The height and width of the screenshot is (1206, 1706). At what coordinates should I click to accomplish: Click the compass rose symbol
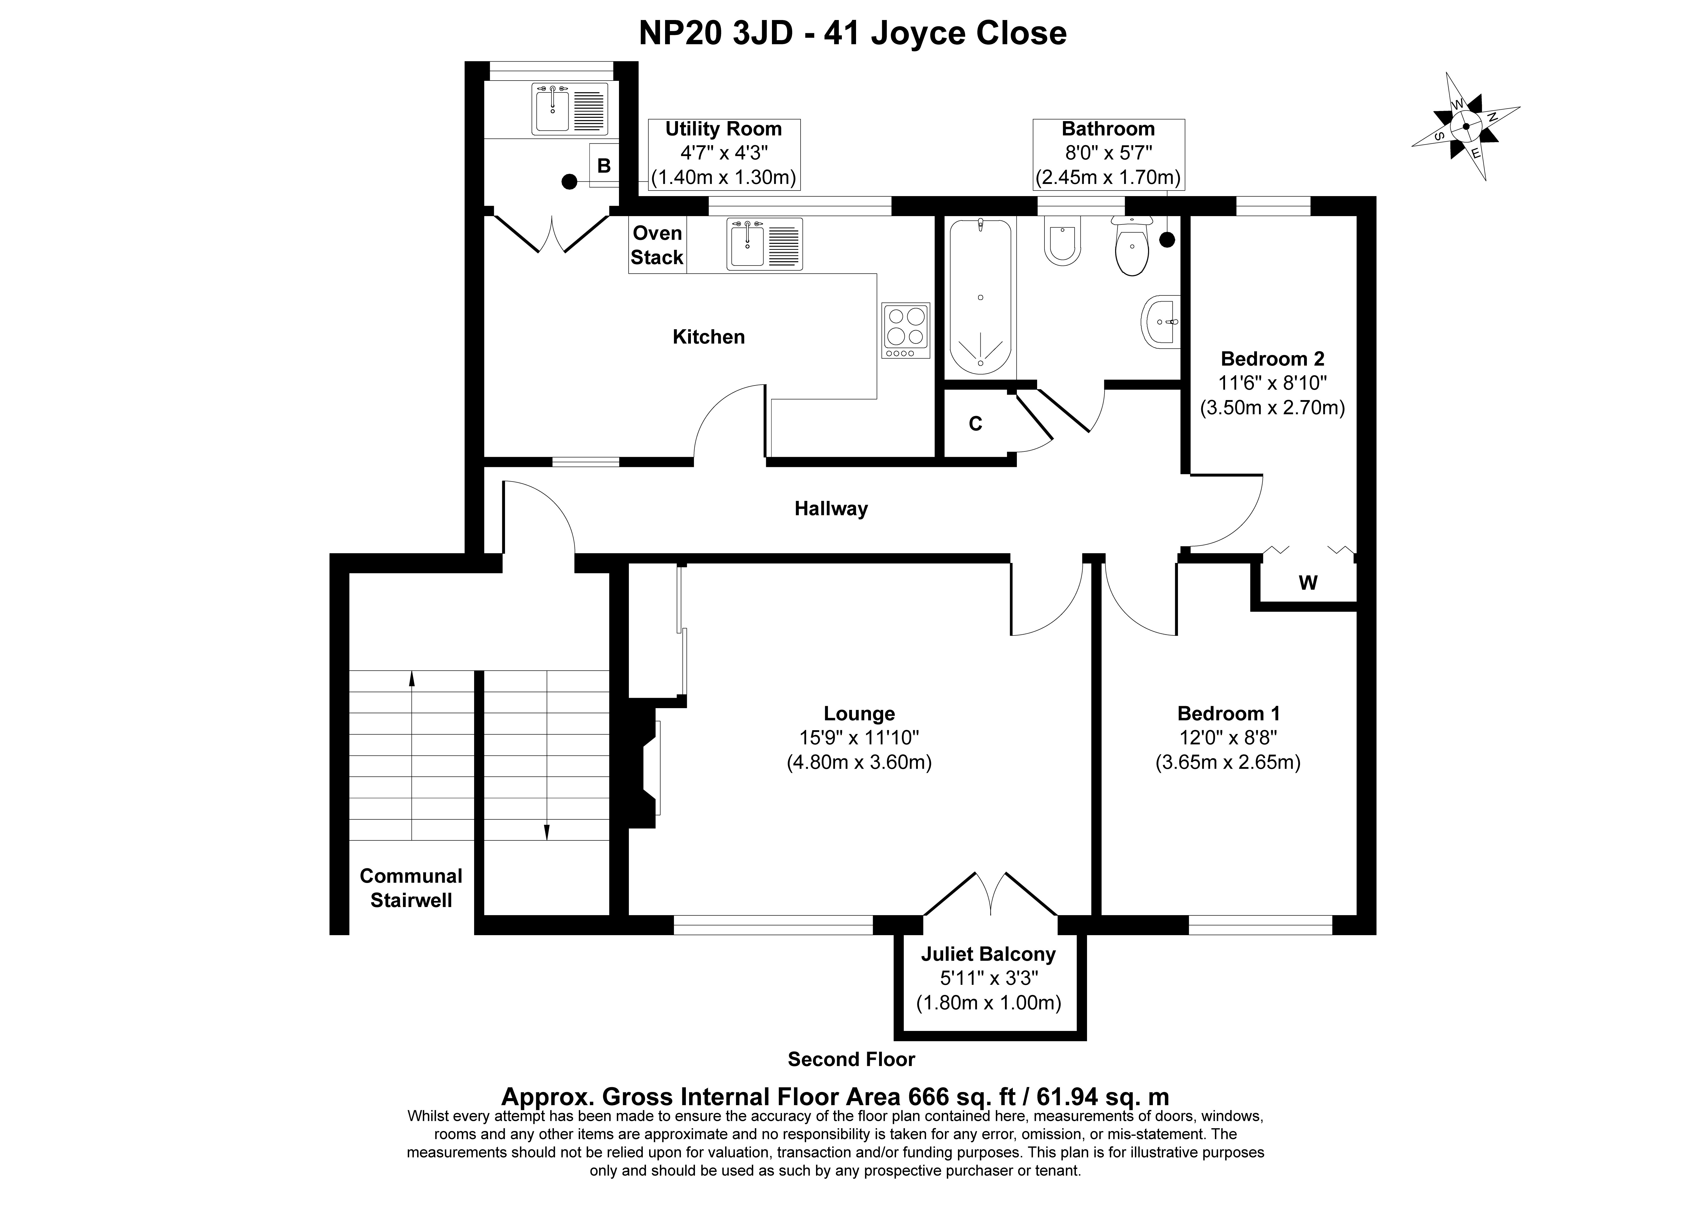(x=1465, y=126)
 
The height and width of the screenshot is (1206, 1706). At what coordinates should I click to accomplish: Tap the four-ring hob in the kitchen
(x=906, y=330)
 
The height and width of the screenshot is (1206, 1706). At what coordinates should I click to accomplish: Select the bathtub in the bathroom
(x=981, y=296)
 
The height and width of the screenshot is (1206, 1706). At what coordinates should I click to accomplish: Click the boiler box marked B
(x=604, y=165)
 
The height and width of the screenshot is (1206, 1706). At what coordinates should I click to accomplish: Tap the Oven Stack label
(x=657, y=245)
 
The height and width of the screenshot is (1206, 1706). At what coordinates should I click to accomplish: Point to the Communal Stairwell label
(x=411, y=888)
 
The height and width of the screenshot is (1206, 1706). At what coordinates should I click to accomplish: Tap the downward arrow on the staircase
(x=547, y=756)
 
